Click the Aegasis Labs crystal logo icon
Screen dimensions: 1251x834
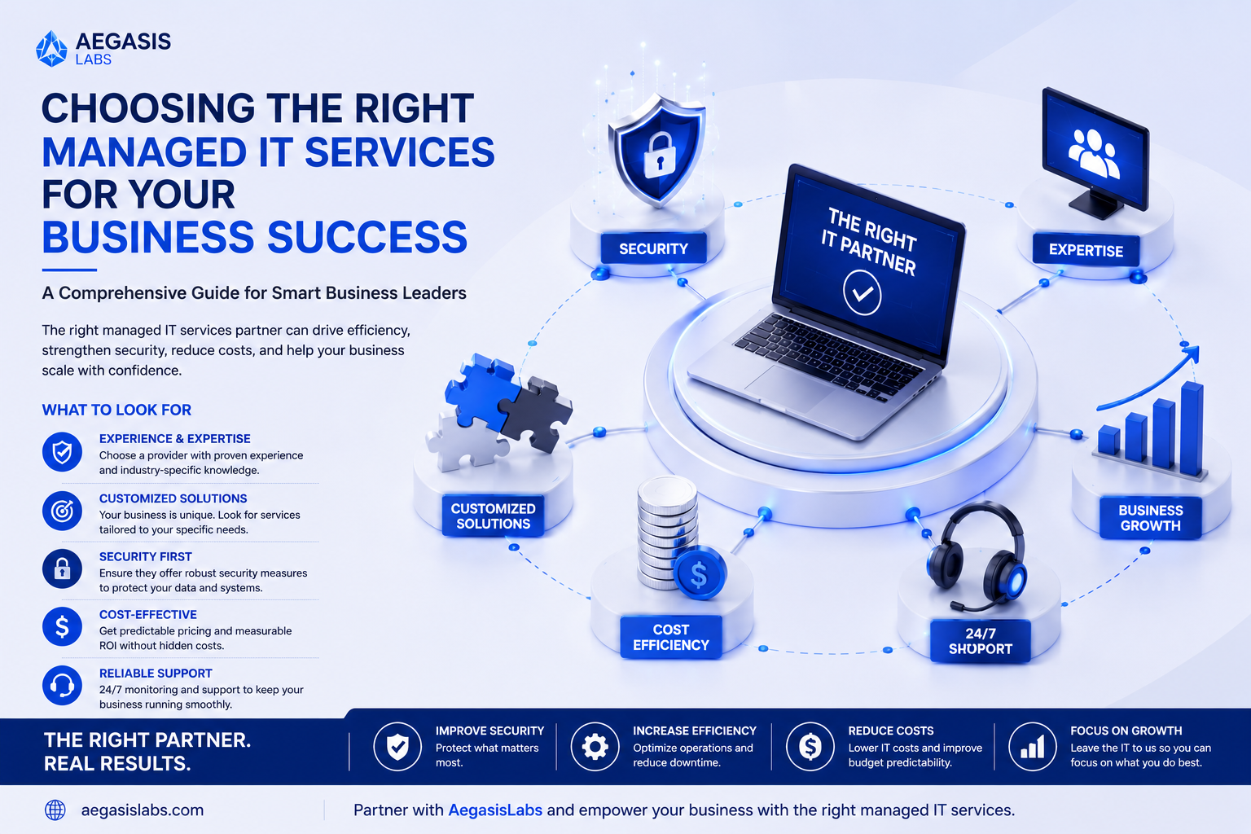point(51,49)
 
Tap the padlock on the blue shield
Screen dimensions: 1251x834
point(659,156)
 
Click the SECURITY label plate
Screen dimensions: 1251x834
point(653,248)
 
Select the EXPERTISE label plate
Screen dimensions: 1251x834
point(1086,250)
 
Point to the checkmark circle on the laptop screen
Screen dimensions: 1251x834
point(863,292)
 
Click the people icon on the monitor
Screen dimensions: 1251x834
point(1094,152)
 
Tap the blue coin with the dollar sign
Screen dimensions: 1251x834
point(700,573)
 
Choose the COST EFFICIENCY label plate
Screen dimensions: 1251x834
point(671,638)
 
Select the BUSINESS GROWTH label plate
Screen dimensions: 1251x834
point(1151,518)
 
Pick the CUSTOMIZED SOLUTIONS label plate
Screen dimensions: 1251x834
point(493,516)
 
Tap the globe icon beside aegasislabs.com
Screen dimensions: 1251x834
point(55,810)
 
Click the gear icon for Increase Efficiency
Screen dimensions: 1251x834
point(595,747)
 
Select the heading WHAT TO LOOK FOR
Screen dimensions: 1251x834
point(116,410)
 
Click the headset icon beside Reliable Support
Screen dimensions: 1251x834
point(62,685)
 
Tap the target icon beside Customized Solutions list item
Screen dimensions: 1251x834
point(62,511)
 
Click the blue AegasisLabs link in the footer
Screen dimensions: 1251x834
point(495,810)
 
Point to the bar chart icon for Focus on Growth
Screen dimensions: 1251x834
point(1032,747)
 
